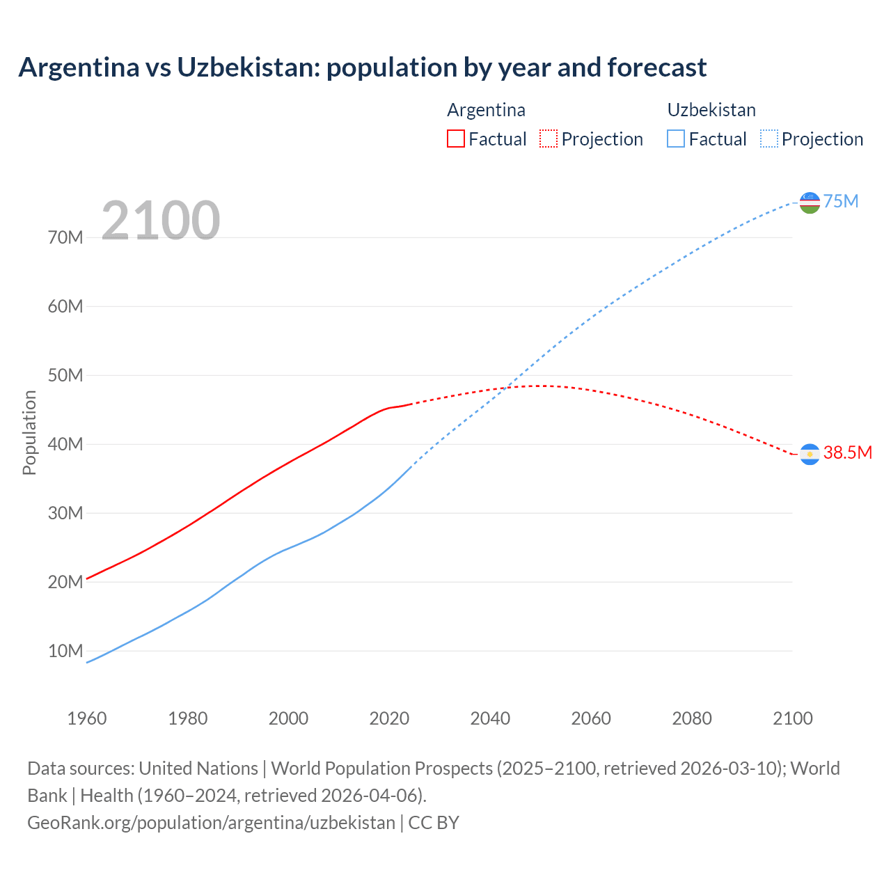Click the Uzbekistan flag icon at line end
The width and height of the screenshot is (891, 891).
point(810,203)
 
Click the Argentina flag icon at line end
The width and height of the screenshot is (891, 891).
point(810,454)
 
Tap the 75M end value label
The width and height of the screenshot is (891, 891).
point(841,201)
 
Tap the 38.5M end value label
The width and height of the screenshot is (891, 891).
point(847,452)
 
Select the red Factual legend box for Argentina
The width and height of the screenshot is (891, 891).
point(455,139)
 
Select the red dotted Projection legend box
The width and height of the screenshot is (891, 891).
point(549,139)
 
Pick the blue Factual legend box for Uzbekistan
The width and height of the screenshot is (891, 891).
point(676,139)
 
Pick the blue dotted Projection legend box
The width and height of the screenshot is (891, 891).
point(769,139)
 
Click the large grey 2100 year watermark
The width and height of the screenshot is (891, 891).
point(161,221)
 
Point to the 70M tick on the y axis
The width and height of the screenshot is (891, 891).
point(65,237)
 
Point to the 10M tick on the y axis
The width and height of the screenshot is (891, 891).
point(65,651)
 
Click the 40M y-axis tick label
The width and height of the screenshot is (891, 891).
point(65,444)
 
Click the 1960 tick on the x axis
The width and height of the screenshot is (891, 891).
point(87,718)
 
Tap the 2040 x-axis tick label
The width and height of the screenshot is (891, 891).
point(490,718)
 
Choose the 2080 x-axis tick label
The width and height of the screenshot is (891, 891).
point(692,718)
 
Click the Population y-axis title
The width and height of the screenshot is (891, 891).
point(29,432)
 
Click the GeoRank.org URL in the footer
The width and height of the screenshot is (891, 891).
point(211,822)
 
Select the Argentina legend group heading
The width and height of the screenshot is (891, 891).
point(486,110)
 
